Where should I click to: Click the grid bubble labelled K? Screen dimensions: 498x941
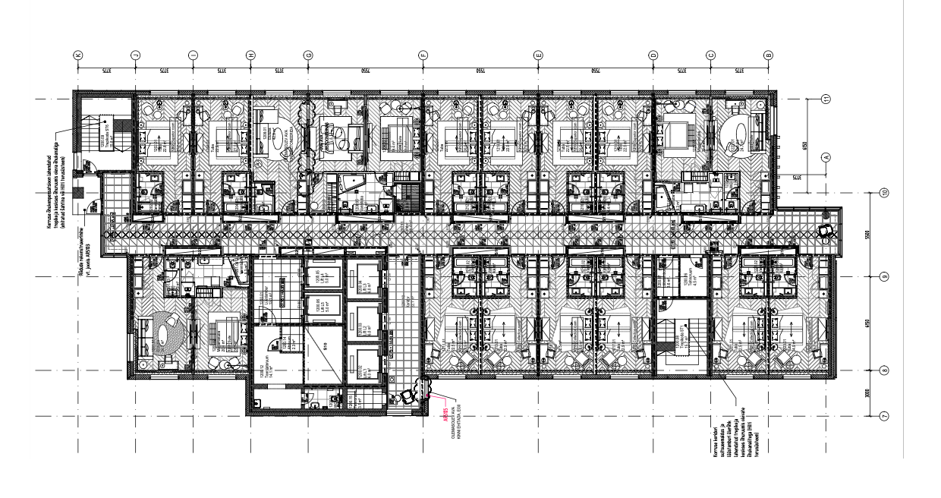click(77, 55)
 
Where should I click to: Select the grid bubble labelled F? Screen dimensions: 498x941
click(423, 55)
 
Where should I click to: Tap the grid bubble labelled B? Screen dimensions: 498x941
click(768, 55)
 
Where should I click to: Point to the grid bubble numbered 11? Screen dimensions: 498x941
click(826, 98)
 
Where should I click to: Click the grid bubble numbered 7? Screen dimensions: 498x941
click(884, 416)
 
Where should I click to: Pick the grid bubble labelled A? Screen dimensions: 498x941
click(826, 156)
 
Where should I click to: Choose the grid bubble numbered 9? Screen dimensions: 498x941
click(884, 276)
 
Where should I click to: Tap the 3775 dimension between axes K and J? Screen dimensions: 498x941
click(106, 71)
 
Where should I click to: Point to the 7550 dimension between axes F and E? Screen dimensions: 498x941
click(480, 71)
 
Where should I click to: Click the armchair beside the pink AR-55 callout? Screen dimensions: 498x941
click(411, 394)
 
